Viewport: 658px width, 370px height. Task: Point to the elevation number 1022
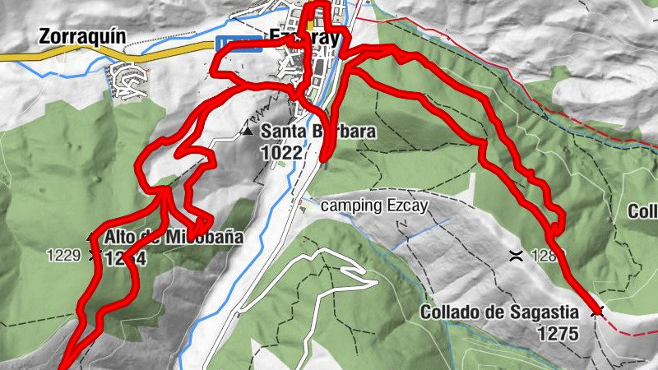[x=282, y=152]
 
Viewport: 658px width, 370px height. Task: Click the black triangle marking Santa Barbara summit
[x=248, y=131]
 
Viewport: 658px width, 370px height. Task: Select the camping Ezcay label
[x=374, y=206]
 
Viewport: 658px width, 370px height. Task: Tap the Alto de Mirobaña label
[x=174, y=238]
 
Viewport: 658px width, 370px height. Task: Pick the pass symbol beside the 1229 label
[x=91, y=255]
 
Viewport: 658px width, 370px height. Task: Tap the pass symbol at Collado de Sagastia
[x=597, y=312]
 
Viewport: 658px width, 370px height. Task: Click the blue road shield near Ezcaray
[x=239, y=44]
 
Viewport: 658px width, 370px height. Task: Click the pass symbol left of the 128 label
[x=517, y=255]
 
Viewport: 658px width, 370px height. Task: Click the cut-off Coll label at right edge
[x=644, y=211]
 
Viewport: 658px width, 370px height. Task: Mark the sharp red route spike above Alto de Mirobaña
[x=199, y=224]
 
